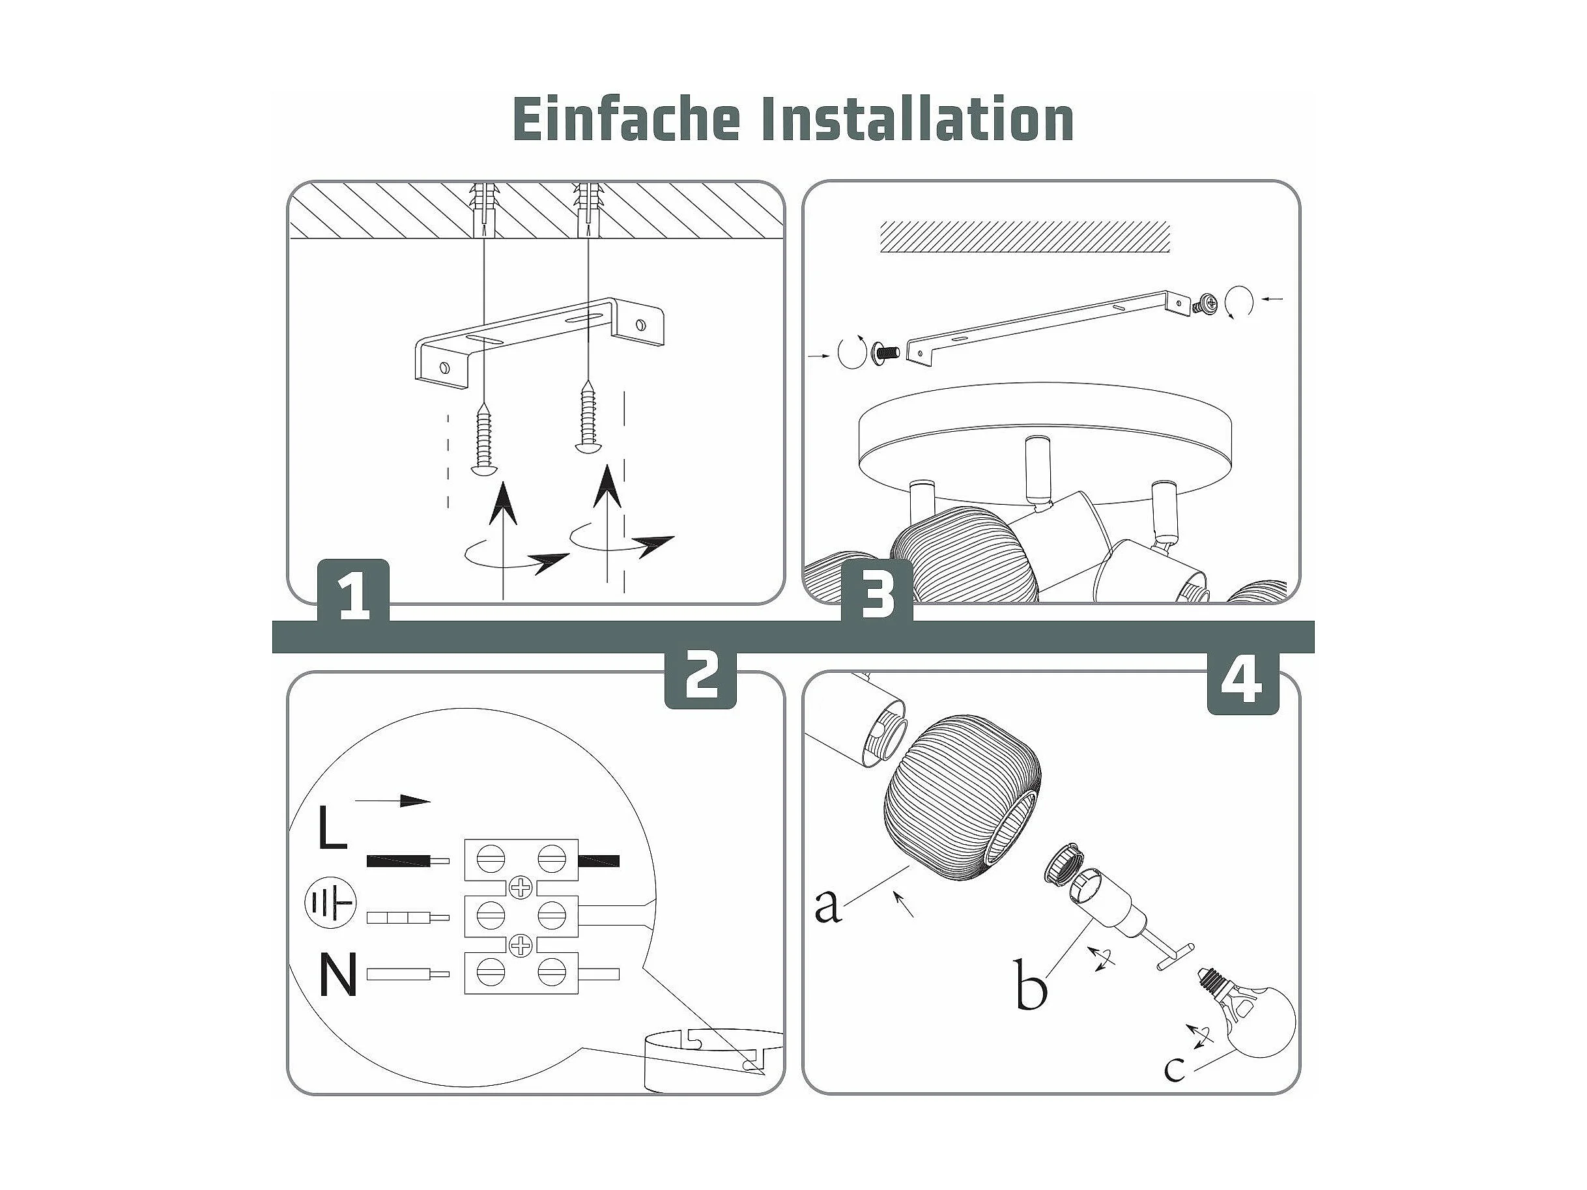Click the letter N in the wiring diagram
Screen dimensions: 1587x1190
pos(337,976)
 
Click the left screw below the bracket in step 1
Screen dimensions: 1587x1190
pos(484,440)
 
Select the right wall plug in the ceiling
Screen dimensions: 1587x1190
pos(588,210)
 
